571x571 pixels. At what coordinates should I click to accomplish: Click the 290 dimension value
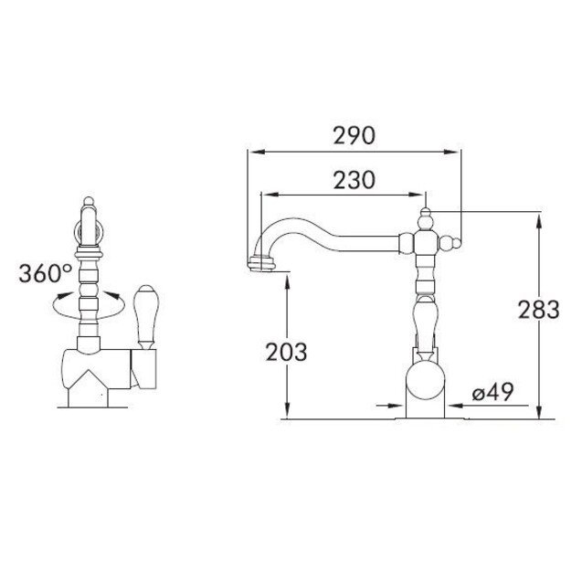tap(354, 136)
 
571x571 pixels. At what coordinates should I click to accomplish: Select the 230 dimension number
tap(354, 180)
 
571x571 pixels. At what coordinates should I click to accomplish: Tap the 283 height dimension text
tap(539, 310)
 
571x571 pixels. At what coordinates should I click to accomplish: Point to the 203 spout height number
tap(286, 352)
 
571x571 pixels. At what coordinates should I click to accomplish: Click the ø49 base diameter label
tap(492, 392)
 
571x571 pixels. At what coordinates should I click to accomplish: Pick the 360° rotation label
tap(46, 273)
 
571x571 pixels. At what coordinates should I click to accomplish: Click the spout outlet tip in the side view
tap(261, 264)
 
